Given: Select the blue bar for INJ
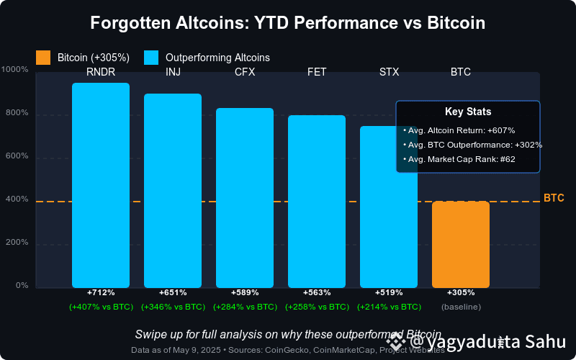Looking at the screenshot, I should click(173, 191).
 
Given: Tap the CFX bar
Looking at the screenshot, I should click(245, 198).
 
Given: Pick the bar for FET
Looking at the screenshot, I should click(317, 202).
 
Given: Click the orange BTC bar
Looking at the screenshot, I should click(461, 245).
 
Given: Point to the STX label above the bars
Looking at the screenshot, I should click(389, 72).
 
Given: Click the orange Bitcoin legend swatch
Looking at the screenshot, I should click(43, 57).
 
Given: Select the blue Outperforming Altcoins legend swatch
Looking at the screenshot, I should click(151, 57).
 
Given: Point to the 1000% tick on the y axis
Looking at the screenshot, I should click(15, 70).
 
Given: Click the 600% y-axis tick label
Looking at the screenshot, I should click(17, 156).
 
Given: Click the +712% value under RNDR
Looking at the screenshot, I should click(101, 293).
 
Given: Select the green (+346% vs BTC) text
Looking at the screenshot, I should click(173, 307).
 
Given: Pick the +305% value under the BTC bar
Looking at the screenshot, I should click(461, 293).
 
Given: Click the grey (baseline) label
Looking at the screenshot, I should click(461, 307).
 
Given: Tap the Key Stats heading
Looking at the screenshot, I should click(468, 112).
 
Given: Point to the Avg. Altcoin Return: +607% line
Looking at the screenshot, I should click(469, 130).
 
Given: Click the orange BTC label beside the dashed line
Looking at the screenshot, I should click(554, 198).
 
